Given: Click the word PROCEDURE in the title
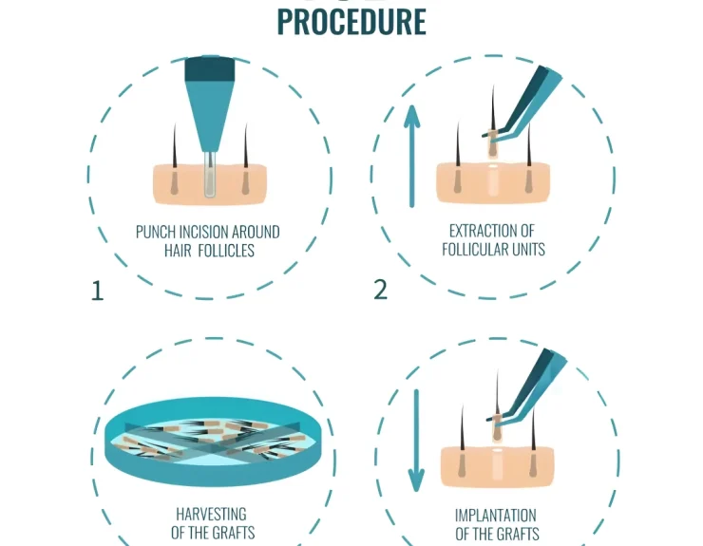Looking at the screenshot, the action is tap(351, 21).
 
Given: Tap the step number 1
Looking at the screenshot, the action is tap(97, 291).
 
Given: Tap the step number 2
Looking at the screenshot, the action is tap(380, 290).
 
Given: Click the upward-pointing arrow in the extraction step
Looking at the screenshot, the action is tap(412, 156).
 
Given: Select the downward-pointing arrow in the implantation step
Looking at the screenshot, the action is tap(416, 441).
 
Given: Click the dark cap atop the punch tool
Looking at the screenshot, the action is tap(210, 68).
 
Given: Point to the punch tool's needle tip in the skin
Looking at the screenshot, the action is tap(209, 195).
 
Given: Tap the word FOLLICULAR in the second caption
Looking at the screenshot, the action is tap(475, 249).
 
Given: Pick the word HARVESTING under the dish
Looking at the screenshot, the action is tap(211, 514).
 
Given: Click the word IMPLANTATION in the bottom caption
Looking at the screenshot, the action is tap(495, 515).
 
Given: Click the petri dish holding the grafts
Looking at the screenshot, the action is tap(214, 442).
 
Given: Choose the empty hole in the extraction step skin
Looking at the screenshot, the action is tap(493, 180).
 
